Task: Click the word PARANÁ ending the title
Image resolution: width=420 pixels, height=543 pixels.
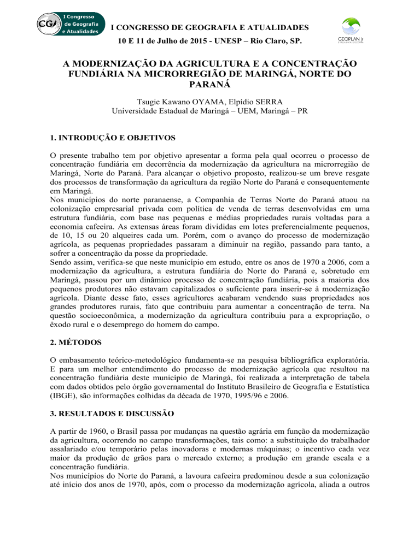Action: click(x=211, y=86)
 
